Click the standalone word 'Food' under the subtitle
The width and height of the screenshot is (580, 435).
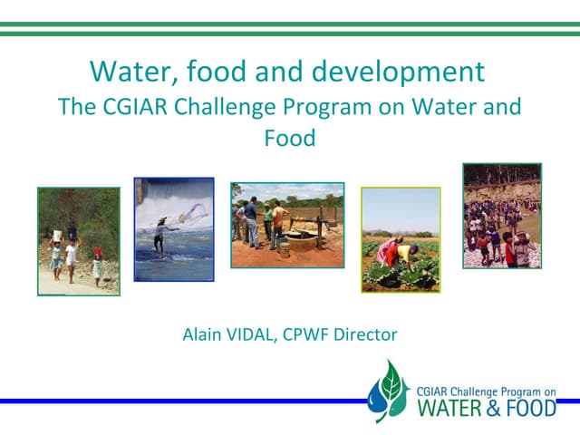tap(290, 140)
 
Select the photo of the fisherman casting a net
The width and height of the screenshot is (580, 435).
tap(174, 228)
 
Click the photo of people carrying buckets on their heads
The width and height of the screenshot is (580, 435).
tap(78, 241)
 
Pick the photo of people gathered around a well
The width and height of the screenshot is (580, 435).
tap(287, 225)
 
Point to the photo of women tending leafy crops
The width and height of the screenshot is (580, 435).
tap(400, 239)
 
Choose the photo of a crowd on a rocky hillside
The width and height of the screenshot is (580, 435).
tap(501, 215)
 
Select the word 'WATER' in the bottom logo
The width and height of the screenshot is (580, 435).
tap(450, 407)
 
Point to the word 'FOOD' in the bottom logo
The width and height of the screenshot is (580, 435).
tap(533, 407)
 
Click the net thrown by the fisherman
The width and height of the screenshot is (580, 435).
tap(194, 214)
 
